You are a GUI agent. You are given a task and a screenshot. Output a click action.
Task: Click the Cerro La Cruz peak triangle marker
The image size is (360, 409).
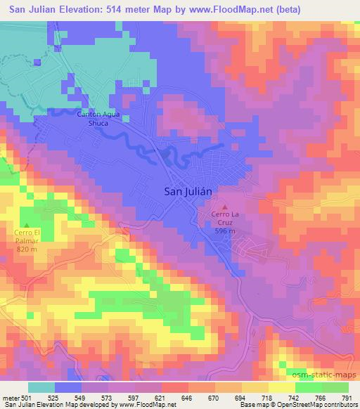pos(225,207)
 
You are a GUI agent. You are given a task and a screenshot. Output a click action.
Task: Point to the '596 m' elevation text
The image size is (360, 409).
pos(225,231)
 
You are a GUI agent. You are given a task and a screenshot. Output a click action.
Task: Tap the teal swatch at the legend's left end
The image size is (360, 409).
pos(41,387)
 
